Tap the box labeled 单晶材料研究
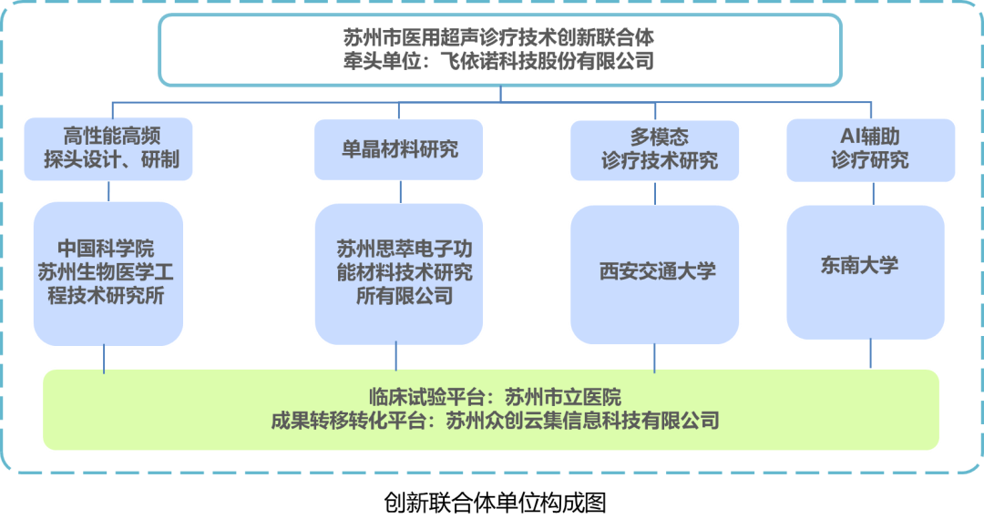[x=399, y=149]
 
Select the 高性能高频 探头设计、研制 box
[x=109, y=148]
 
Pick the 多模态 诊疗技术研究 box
[x=654, y=149]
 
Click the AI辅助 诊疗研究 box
[x=870, y=148]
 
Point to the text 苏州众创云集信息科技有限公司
[x=582, y=421]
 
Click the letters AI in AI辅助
[x=848, y=137]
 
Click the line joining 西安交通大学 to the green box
[x=654, y=357]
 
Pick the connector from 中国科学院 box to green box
[x=105, y=357]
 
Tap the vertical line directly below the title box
[x=500, y=93]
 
